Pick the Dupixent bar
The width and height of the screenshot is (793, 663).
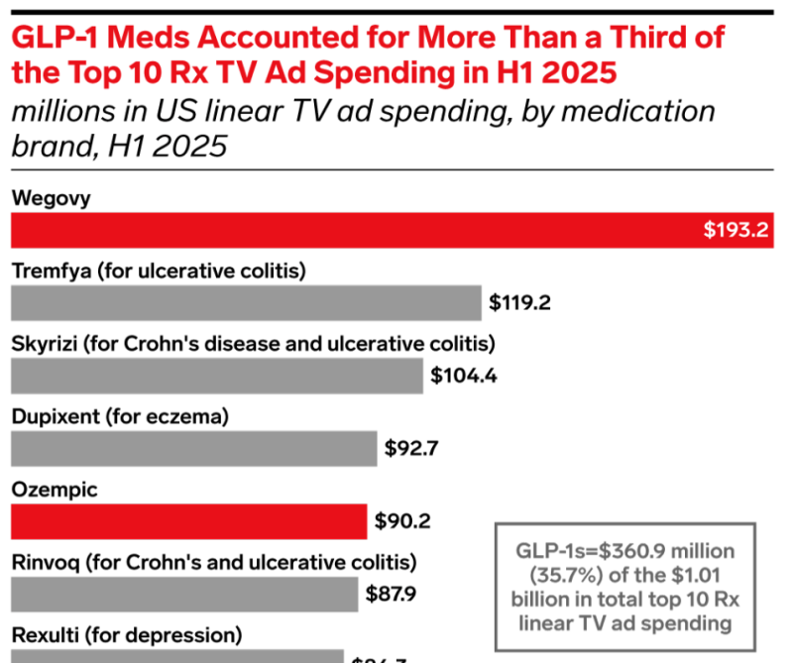pyautogui.click(x=194, y=449)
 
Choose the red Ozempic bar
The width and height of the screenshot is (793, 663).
pyautogui.click(x=188, y=520)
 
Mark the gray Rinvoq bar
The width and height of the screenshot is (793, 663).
pyautogui.click(x=184, y=594)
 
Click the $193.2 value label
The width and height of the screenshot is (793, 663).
pyautogui.click(x=736, y=231)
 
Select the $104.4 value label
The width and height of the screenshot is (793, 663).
pyautogui.click(x=462, y=376)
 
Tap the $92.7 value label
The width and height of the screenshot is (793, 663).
pyautogui.click(x=411, y=449)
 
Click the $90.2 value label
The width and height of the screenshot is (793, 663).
pyautogui.click(x=402, y=520)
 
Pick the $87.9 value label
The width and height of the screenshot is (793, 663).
pyautogui.click(x=394, y=594)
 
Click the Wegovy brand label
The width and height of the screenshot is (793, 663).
pyautogui.click(x=51, y=197)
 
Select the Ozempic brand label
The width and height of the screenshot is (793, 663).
pyautogui.click(x=55, y=489)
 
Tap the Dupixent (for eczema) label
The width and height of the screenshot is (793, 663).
pyautogui.click(x=120, y=416)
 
